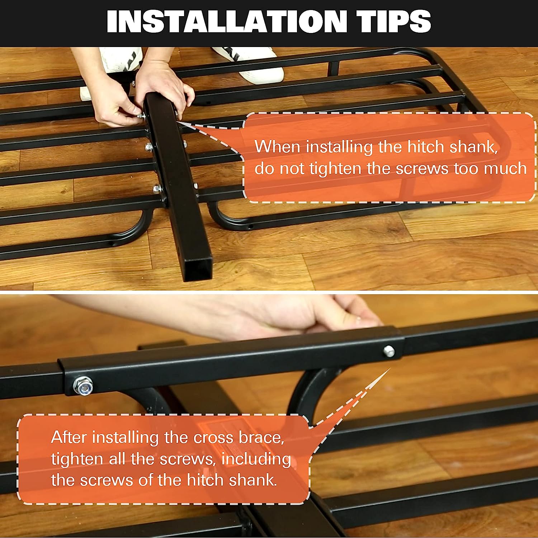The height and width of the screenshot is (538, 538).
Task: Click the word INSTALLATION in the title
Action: click(227, 22)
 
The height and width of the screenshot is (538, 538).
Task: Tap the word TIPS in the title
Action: click(396, 22)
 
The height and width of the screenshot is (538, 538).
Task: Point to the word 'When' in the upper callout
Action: click(277, 147)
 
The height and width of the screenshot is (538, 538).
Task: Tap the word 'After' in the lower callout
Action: click(69, 437)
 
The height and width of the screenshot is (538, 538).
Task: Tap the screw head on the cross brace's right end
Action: click(389, 351)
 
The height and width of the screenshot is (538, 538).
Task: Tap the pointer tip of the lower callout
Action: click(390, 368)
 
